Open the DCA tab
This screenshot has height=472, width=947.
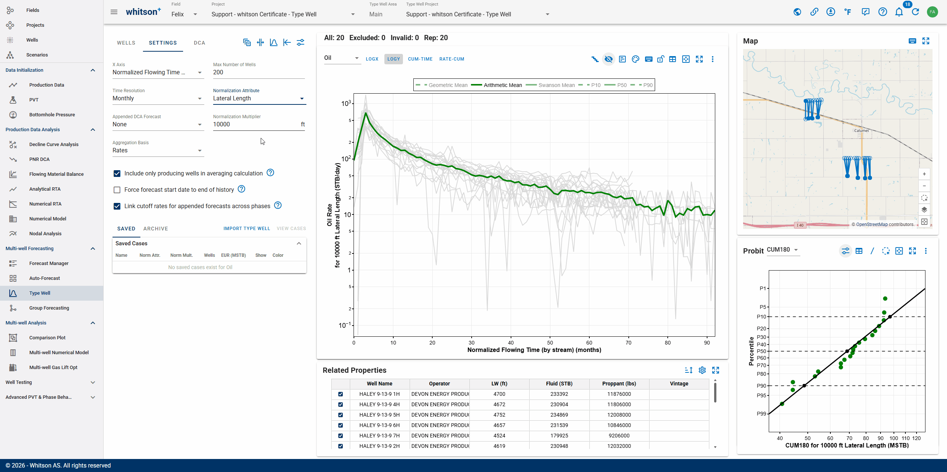[x=199, y=43]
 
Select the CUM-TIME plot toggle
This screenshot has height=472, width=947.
[x=420, y=59]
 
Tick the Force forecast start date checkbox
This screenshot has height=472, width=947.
[x=117, y=190]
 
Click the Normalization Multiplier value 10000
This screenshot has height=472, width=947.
[x=222, y=125]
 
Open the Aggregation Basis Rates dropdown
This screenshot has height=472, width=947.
[x=158, y=151]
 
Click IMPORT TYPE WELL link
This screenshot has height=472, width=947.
[x=247, y=229]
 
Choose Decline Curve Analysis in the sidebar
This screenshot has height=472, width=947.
[x=54, y=145]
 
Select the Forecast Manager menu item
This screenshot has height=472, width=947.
[x=49, y=264]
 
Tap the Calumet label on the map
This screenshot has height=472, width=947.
[x=861, y=131]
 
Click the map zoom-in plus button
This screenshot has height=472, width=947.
[x=924, y=174]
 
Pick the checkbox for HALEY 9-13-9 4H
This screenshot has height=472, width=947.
[x=341, y=405]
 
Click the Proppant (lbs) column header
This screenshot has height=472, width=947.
[x=619, y=384]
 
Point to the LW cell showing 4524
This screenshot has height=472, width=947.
[x=499, y=436]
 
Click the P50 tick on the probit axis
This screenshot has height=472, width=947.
[x=761, y=351]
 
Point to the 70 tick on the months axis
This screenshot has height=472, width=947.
[x=628, y=343]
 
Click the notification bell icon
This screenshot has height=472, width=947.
[x=899, y=12]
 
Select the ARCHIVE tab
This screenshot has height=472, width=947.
[x=156, y=229]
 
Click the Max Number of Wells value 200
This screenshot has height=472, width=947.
[x=218, y=72]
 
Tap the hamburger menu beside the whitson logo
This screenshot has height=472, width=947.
[x=114, y=12]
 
